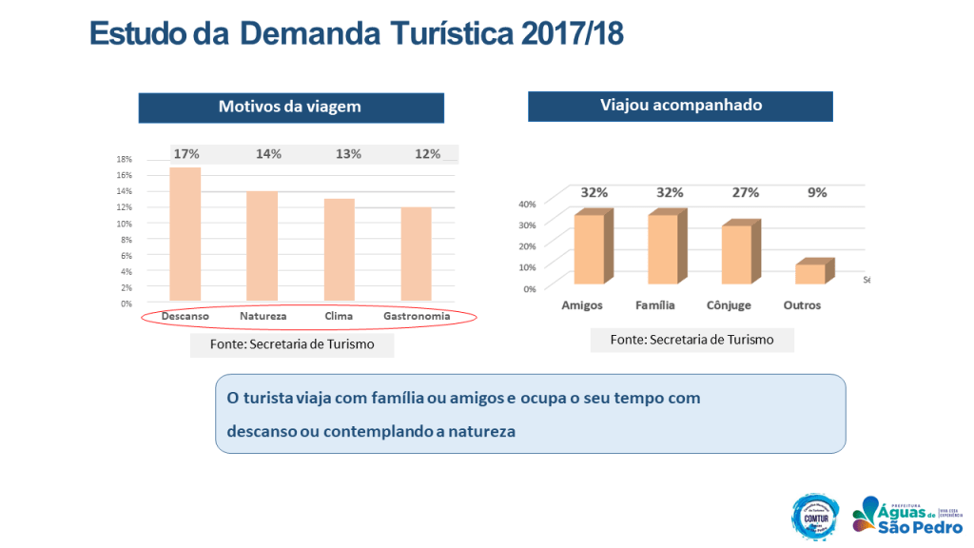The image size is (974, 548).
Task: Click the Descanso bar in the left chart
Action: [x=185, y=234]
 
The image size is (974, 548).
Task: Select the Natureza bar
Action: [x=263, y=245]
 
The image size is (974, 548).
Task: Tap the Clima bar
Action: [x=340, y=249]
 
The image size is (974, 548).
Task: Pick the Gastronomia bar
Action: [x=416, y=253]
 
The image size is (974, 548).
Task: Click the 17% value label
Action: [x=185, y=154]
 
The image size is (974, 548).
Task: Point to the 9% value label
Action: [x=817, y=192]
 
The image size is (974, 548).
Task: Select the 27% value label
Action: [x=745, y=192]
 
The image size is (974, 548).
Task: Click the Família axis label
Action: [x=655, y=305]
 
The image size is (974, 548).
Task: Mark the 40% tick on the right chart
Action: [x=527, y=204]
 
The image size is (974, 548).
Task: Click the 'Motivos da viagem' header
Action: [x=290, y=107]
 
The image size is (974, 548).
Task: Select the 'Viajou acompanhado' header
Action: [x=680, y=106]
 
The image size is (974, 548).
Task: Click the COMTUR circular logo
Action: [x=815, y=517]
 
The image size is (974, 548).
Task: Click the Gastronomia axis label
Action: [x=417, y=316]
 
